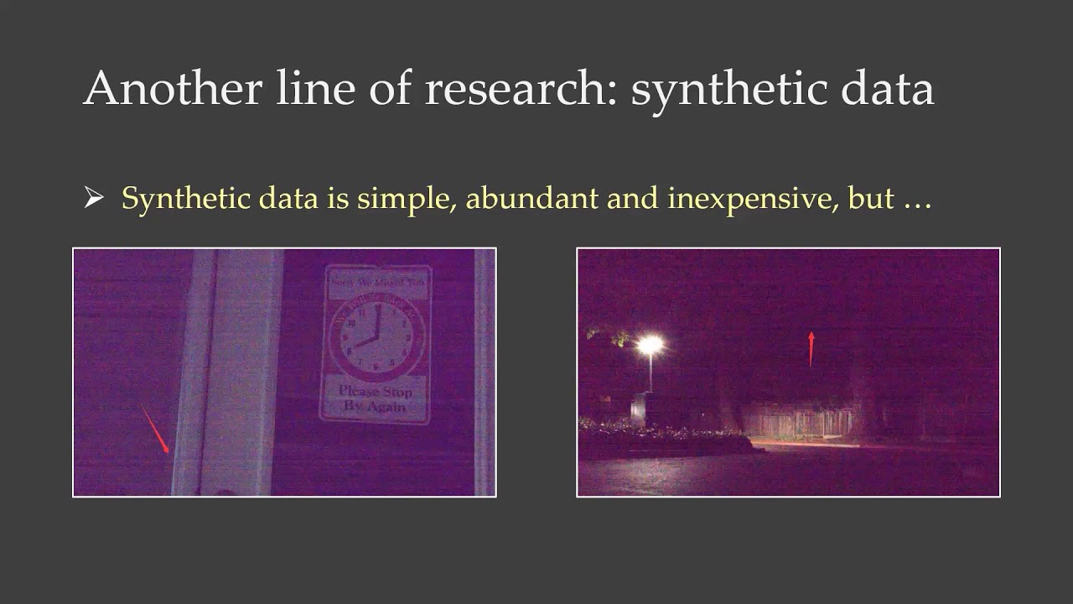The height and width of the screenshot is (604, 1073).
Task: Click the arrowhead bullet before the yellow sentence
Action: [x=93, y=199]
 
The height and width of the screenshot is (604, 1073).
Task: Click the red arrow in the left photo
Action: [x=154, y=428]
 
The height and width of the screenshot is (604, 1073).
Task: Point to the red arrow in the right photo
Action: [x=811, y=349]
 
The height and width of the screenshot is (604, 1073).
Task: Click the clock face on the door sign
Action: [x=375, y=340]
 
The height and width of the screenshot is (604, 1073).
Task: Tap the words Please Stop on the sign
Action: [x=376, y=392]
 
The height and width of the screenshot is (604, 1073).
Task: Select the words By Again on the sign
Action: [x=375, y=407]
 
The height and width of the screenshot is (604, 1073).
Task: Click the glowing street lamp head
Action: [x=650, y=344]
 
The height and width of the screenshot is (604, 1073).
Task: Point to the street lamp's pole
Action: [x=650, y=373]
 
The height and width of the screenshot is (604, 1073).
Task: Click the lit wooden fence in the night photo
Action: [x=801, y=419]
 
